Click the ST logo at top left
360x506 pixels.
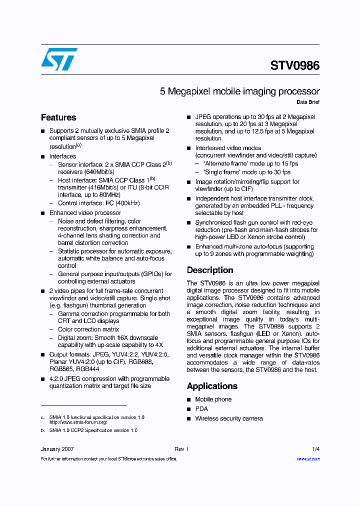tap(59, 59)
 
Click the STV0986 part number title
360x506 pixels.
tap(294, 65)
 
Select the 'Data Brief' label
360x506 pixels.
tap(308, 102)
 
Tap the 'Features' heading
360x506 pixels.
tap(58, 117)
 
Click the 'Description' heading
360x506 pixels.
tap(210, 270)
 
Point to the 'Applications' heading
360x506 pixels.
tap(212, 386)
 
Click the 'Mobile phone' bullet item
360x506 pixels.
tap(213, 399)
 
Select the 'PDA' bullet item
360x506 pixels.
tap(201, 409)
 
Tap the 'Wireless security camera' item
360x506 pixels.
tap(228, 418)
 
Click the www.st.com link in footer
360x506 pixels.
tap(308, 458)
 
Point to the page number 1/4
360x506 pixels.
tap(315, 449)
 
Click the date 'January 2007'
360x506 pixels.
tap(57, 449)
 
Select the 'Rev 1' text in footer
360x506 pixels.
tap(180, 449)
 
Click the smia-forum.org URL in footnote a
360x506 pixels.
tap(78, 422)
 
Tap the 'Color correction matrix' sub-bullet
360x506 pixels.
tap(88, 329)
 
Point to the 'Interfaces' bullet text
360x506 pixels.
tap(62, 156)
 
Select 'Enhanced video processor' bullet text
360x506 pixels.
tap(85, 213)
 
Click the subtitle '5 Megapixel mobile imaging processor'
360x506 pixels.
tap(239, 91)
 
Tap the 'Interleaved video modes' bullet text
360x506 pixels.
tap(228, 148)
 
